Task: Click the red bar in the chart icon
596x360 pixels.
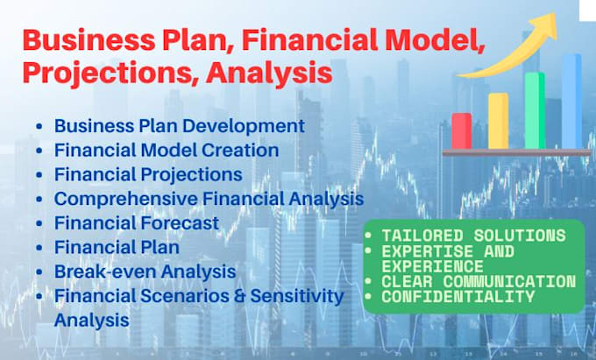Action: (461, 131)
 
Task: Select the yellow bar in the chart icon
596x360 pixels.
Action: (499, 121)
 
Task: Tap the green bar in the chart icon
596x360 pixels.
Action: (535, 110)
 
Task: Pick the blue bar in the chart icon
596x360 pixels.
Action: (571, 101)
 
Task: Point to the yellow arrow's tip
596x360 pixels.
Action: (556, 14)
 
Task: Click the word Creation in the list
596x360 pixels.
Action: (240, 150)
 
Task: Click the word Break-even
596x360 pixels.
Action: (105, 272)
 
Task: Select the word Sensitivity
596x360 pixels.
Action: (297, 297)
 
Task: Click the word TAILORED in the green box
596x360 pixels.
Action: (422, 236)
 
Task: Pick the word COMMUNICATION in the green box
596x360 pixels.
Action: (509, 282)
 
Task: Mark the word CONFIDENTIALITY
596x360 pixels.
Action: (458, 297)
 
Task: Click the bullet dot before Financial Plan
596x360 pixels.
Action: (39, 248)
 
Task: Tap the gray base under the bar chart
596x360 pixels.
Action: (516, 152)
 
